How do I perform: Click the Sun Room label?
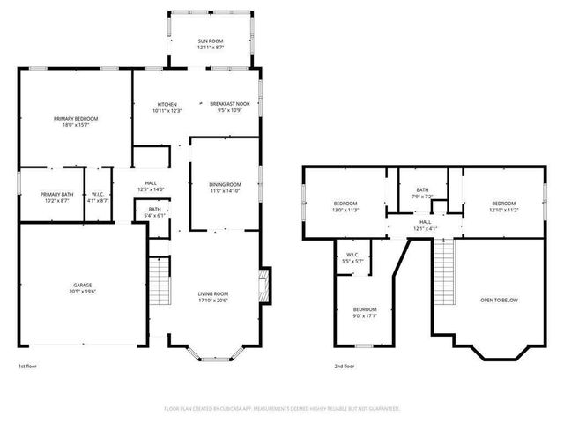211,41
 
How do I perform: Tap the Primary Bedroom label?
76,119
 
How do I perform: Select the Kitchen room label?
167,104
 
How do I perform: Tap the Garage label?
83,286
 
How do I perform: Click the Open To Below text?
499,301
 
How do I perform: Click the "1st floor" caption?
28,366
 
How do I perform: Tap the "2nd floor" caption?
344,366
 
